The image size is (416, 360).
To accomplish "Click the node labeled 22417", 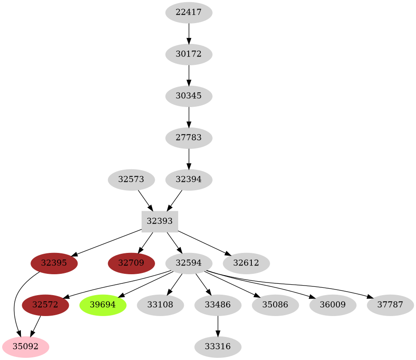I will [189, 13].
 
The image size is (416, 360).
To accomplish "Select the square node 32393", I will [159, 221].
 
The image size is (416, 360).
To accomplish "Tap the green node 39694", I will [103, 305].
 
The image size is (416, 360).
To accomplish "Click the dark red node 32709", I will [131, 263].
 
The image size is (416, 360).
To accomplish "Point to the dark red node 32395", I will [54, 263].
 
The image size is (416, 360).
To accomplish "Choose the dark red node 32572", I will [45, 305].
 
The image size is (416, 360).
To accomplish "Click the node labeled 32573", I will [131, 179].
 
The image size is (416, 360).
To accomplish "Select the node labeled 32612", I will [246, 263].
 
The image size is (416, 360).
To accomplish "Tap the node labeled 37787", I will [390, 305].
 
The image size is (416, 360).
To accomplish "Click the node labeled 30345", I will [189, 96].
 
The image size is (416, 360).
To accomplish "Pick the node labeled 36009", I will [333, 305].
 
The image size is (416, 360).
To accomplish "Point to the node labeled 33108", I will [160, 305].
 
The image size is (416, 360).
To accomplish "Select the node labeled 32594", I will [189, 263].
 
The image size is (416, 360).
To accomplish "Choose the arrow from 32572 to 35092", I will [35, 326].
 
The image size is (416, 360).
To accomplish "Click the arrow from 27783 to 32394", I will [189, 158].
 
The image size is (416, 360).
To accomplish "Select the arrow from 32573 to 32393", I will [145, 200].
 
